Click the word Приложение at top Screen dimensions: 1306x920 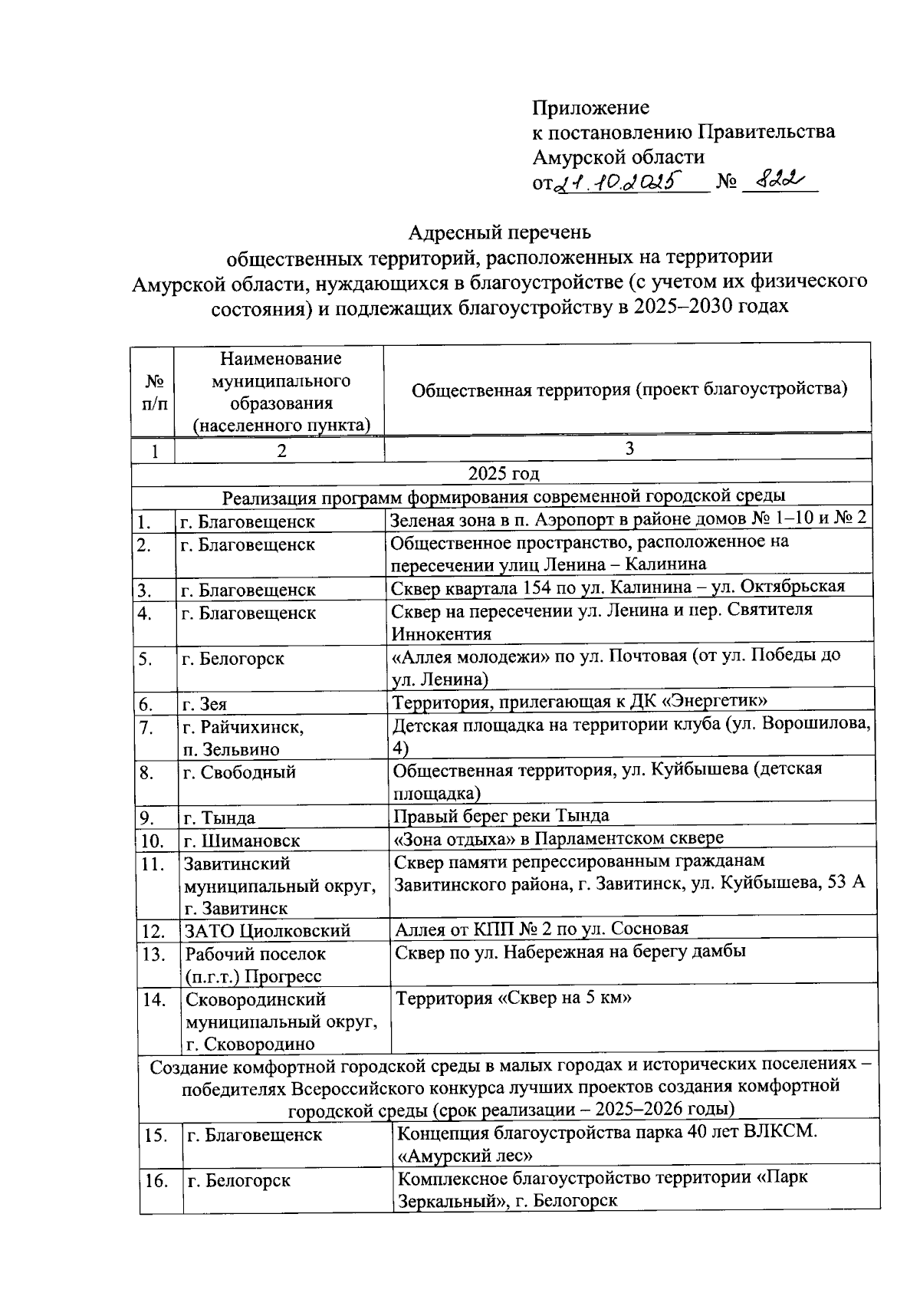591,107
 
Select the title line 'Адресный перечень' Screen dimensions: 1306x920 499,232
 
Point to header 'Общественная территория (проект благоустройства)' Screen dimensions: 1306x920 629,390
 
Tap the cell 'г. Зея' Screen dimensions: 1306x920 205,704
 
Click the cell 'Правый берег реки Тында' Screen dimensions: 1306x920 501,815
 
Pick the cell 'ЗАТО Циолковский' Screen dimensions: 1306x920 267,931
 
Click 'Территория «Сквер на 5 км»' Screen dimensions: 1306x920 513,998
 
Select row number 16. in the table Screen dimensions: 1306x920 156,1181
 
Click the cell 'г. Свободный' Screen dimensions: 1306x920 239,772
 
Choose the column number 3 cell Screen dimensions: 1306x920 629,449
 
